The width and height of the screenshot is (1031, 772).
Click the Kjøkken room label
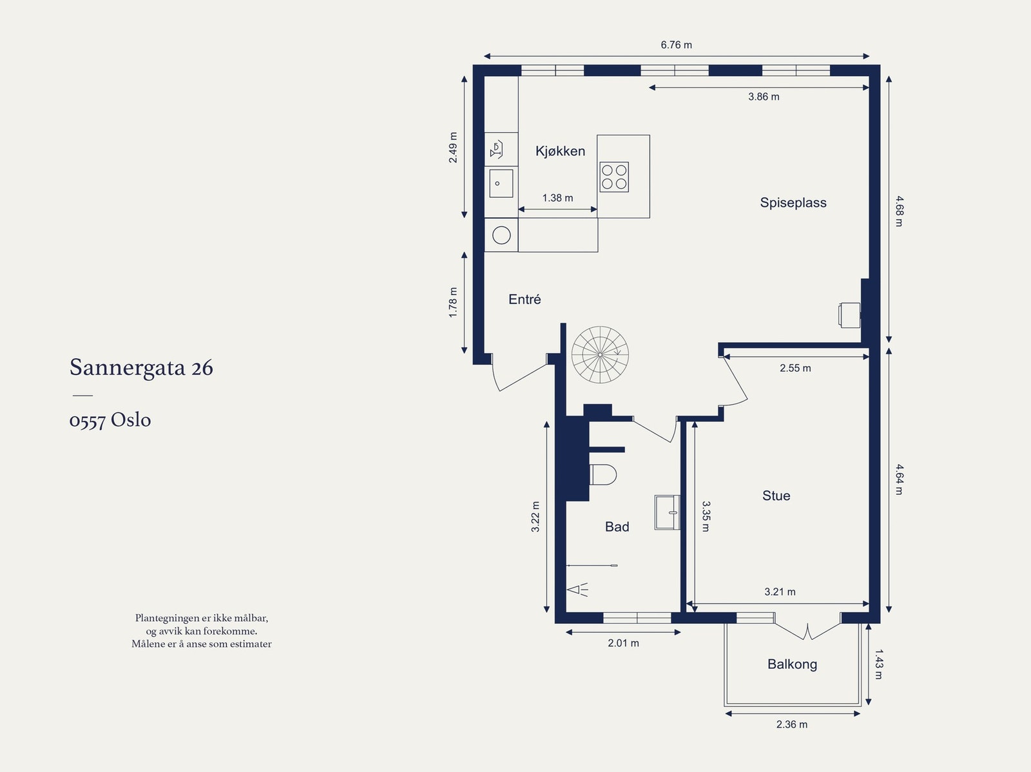(560, 151)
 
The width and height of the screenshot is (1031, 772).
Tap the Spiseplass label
(793, 203)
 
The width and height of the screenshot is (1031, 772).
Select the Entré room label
(525, 299)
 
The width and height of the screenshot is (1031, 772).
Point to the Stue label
(776, 496)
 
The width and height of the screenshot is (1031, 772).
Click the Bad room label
(617, 527)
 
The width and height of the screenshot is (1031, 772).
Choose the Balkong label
(793, 664)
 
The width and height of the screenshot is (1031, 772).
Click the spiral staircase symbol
(600, 354)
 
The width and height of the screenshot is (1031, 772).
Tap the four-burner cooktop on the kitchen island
(614, 177)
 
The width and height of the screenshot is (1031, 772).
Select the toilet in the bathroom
(602, 475)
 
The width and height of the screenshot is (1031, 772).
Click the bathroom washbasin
(667, 512)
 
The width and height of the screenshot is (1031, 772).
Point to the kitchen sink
(501, 184)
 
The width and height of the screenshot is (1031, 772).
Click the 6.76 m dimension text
(676, 45)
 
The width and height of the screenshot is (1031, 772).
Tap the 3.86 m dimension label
(764, 97)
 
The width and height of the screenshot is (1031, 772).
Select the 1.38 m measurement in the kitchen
(557, 198)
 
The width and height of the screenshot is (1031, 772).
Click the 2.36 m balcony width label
(792, 724)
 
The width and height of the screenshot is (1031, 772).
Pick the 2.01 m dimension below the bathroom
(623, 643)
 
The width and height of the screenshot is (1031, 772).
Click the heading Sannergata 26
(141, 368)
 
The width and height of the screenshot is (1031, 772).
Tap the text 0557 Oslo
(110, 420)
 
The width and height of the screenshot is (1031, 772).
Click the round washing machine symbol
(501, 235)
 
